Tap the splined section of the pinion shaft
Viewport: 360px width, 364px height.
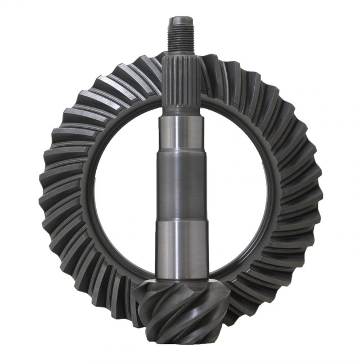pos(181,84)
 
